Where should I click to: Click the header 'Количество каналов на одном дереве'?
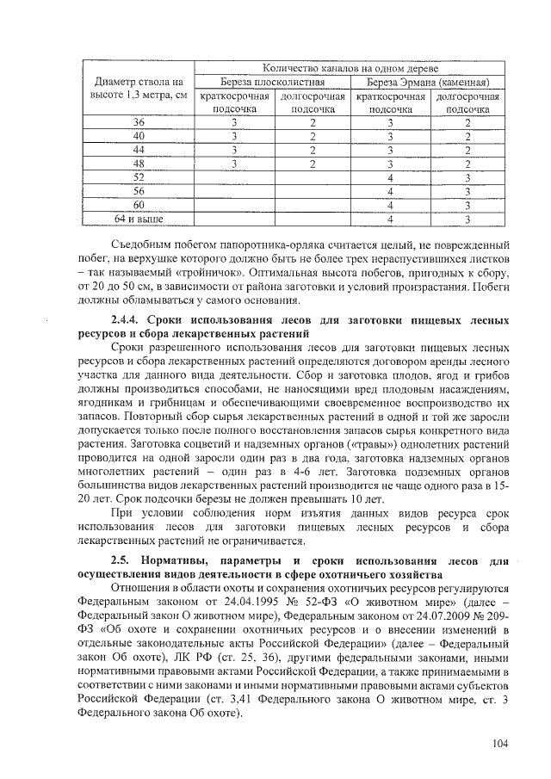point(350,68)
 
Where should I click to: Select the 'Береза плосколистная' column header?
point(271,82)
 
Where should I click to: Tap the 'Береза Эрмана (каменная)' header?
point(427,82)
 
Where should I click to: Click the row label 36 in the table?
point(139,123)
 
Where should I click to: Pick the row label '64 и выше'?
point(139,219)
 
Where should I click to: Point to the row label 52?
point(139,178)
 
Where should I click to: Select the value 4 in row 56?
point(391,192)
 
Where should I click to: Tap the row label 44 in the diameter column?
point(139,151)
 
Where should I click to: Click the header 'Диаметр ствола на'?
point(139,82)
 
